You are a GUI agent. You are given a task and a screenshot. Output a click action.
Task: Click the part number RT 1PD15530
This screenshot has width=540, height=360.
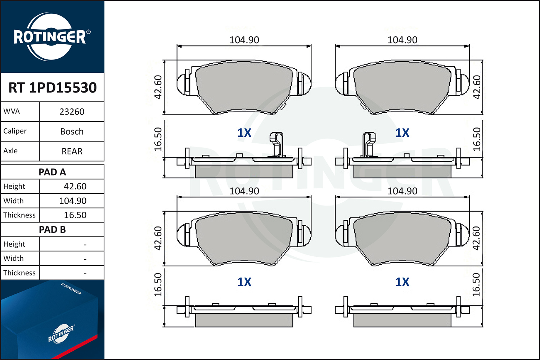(x=53, y=87)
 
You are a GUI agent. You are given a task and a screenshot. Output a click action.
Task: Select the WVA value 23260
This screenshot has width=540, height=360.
(x=72, y=112)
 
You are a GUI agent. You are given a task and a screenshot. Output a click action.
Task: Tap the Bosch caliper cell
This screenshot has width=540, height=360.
(x=72, y=132)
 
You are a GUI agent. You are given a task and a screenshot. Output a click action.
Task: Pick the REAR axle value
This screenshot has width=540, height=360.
(x=72, y=152)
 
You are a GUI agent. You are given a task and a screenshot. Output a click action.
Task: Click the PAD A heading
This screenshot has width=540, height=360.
(x=52, y=172)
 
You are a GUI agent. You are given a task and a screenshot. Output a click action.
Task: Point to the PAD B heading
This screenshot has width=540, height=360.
(x=52, y=230)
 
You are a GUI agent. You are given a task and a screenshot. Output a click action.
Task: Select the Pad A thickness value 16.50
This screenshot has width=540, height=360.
(x=75, y=215)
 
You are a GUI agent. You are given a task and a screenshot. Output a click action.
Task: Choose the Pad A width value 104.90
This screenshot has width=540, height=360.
(x=73, y=201)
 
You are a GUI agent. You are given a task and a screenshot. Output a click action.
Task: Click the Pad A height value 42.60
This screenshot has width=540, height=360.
(x=75, y=186)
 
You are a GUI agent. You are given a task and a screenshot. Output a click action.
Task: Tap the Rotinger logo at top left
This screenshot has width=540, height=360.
(x=51, y=37)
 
